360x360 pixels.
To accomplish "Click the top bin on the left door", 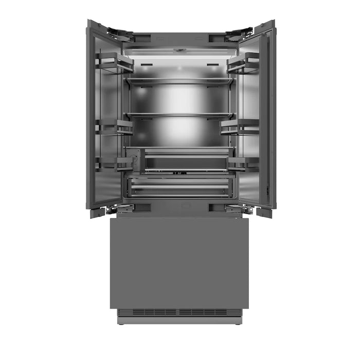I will pos(114,62).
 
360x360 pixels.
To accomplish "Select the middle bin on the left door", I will pos(114,127).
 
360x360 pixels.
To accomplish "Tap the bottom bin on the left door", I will pos(114,164).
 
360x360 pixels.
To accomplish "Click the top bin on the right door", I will pos(243,63).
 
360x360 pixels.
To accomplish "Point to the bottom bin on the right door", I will pos(243,164).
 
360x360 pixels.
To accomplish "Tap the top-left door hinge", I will pos(121,35).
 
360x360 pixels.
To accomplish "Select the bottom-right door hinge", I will pos(240,209).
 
